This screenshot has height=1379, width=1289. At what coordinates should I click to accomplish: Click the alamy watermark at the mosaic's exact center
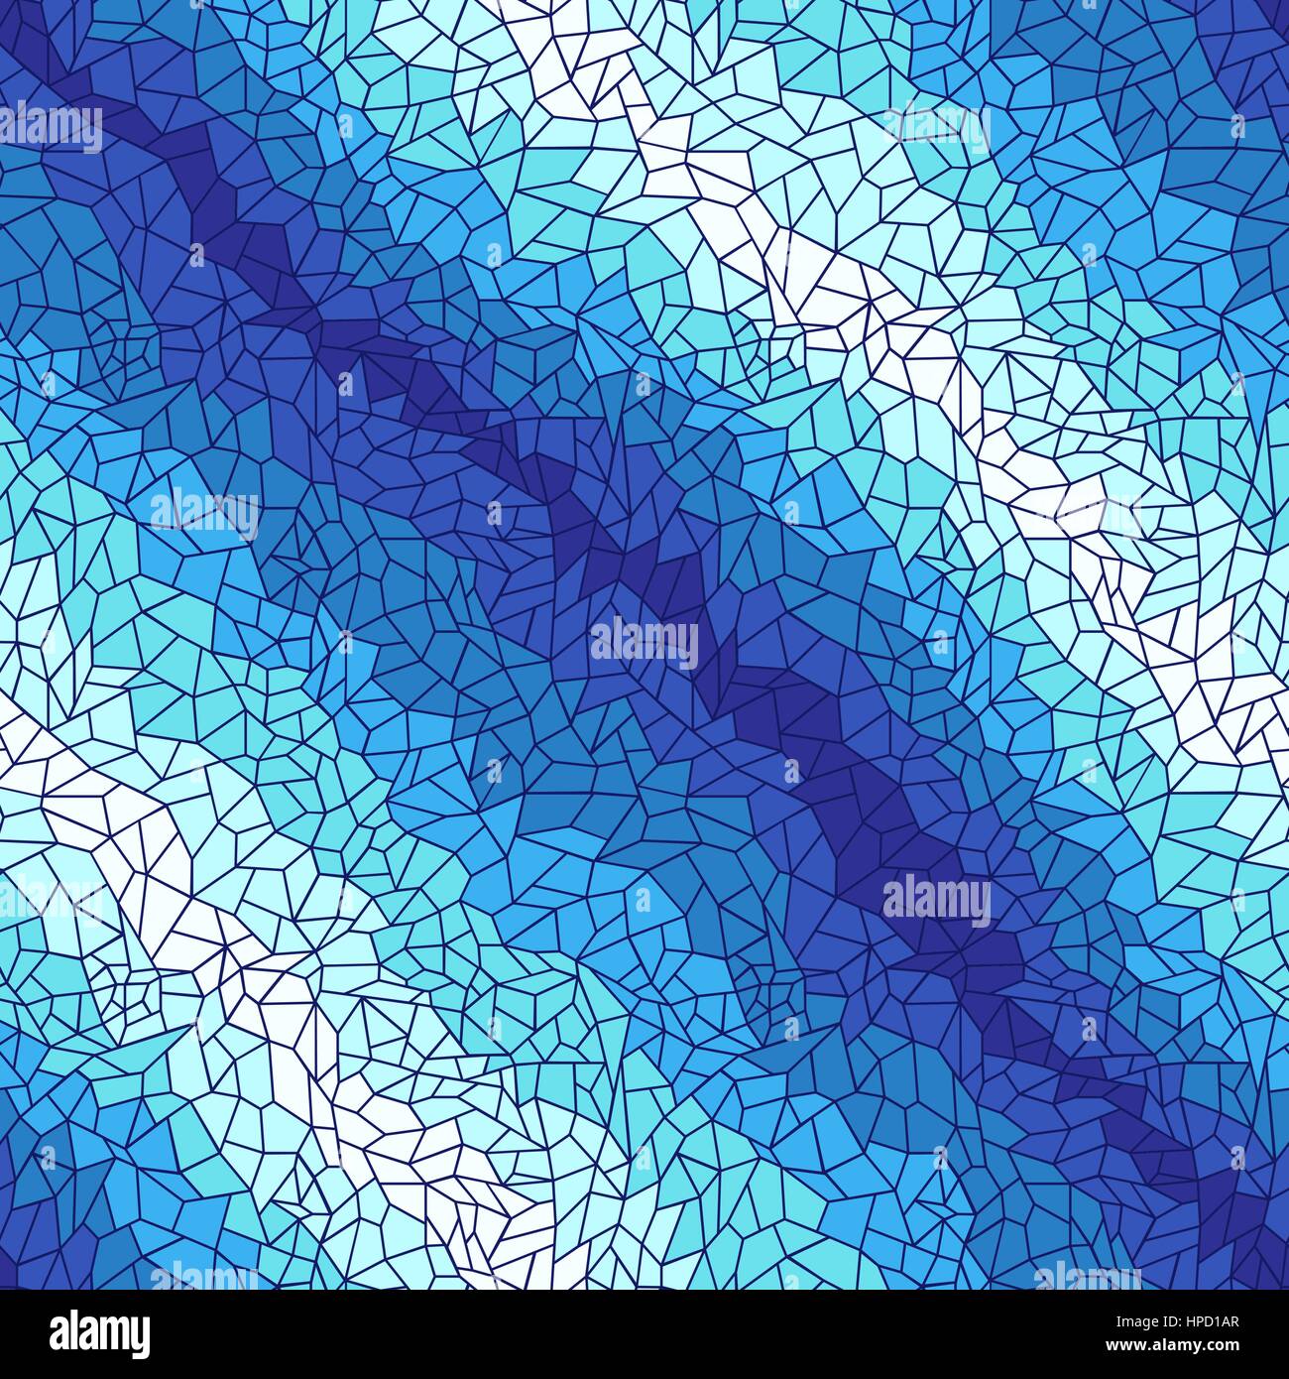pyautogui.click(x=644, y=643)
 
